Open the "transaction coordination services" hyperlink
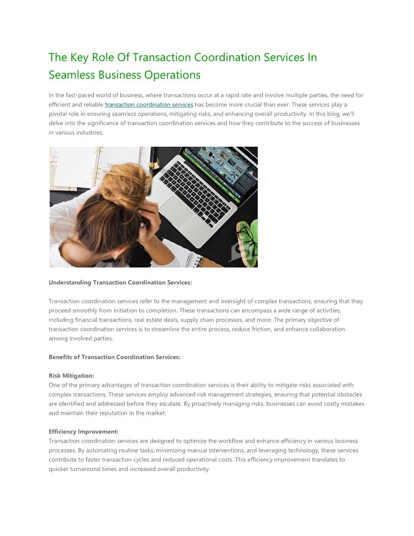click(149, 105)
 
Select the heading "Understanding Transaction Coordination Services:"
click(120, 283)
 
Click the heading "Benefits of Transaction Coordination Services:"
click(114, 357)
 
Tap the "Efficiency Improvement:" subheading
click(84, 431)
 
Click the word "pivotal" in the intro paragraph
click(58, 114)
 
